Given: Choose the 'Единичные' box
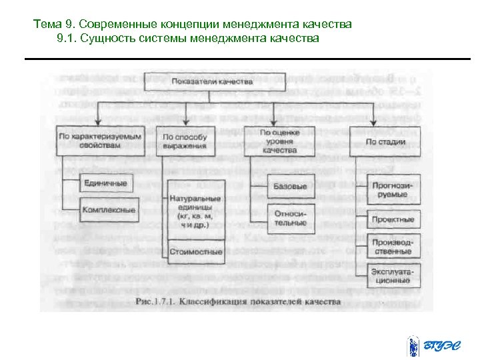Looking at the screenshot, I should (x=105, y=183).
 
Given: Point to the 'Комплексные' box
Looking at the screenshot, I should (x=105, y=210).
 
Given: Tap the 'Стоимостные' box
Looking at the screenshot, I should (x=195, y=252).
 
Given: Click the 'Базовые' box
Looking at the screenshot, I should (x=291, y=186).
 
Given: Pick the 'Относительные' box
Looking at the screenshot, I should (x=291, y=218).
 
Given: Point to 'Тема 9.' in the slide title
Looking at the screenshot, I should (x=49, y=25).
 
